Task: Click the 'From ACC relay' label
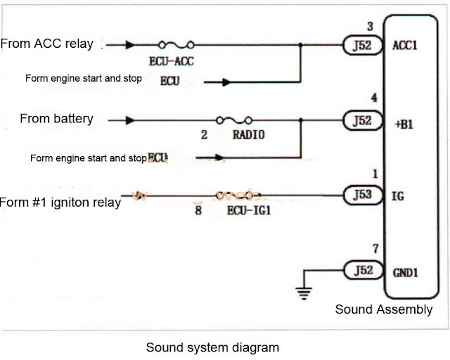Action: coord(46,44)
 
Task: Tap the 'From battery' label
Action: coord(56,119)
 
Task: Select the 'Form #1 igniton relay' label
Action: coord(60,203)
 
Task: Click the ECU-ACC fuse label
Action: coord(172,62)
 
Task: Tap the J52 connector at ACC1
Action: coord(359,45)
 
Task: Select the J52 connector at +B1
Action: coord(359,120)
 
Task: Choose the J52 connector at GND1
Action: coord(359,268)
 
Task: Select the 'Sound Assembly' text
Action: coord(383,309)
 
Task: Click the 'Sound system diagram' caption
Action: coord(212,347)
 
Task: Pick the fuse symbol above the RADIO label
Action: coord(234,120)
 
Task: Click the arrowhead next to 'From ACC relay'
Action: coord(131,45)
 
